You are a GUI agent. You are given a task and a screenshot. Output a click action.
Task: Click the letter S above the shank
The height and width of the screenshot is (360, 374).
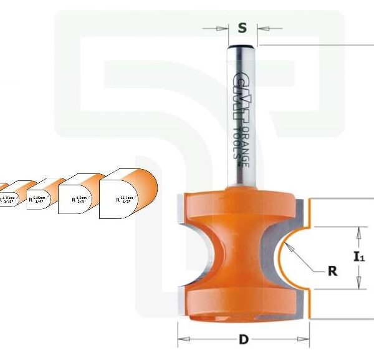(x=242, y=27)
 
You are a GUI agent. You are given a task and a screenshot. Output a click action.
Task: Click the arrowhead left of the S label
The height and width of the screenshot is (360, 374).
(x=224, y=27)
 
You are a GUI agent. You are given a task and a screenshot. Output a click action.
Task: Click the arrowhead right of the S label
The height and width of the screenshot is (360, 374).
(x=261, y=27)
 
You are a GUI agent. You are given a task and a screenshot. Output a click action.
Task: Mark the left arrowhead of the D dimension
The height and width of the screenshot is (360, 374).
(x=181, y=341)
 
